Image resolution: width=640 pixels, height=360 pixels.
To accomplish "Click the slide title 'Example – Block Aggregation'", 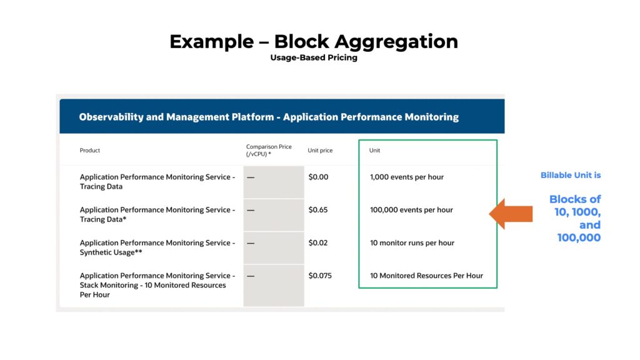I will point(314,42).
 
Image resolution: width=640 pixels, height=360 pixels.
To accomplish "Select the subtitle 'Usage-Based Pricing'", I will point(314,57).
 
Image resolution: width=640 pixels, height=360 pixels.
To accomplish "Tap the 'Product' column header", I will point(90,151).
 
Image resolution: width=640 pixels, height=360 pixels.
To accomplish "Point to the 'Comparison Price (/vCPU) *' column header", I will point(269,151).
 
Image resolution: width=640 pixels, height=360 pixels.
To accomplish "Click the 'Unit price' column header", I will point(320,151).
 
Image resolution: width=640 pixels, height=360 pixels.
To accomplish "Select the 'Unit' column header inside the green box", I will point(375,151).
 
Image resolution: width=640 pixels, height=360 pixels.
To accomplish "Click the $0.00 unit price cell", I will point(318,177).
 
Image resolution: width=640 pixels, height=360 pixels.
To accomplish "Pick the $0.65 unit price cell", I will point(318,210).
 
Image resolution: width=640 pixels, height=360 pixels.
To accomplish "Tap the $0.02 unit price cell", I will point(318,243).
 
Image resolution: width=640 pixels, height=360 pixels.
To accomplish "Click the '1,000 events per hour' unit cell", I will point(407,177).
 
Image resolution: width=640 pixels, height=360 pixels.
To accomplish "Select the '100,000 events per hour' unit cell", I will point(411,210).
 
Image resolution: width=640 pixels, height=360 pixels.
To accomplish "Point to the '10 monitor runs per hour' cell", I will point(412,243).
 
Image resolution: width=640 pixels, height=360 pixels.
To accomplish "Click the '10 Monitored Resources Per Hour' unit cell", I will point(426,276).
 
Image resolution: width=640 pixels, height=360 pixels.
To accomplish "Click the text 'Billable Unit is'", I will point(571,176).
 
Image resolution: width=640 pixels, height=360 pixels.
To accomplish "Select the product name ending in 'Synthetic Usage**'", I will point(157,247).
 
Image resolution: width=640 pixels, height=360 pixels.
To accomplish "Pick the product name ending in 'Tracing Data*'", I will point(157,214).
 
